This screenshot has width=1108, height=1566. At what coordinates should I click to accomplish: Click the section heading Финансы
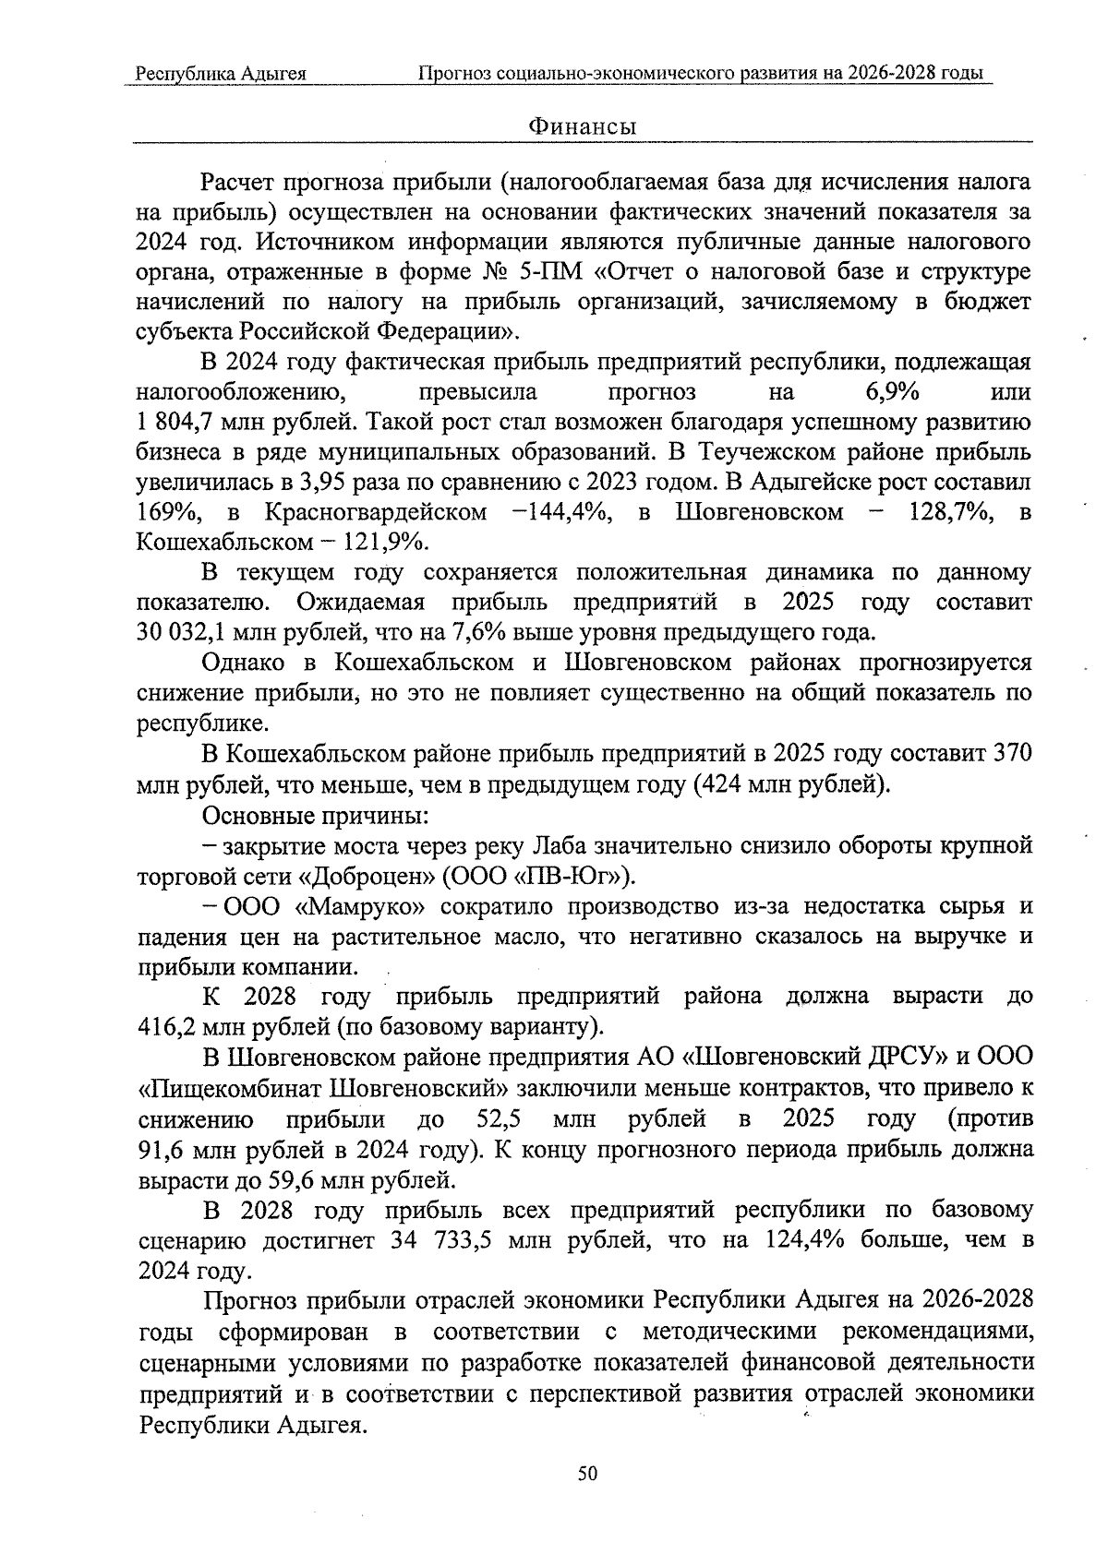582,126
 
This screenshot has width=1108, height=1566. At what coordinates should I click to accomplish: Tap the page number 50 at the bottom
588,1474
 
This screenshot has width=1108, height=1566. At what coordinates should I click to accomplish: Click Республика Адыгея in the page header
221,73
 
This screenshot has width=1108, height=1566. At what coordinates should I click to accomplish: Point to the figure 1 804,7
174,423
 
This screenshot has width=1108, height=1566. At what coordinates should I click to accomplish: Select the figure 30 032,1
181,633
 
